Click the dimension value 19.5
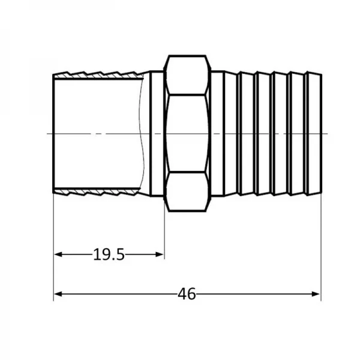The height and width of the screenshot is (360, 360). [x=109, y=255]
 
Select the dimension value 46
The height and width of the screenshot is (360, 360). [x=187, y=294]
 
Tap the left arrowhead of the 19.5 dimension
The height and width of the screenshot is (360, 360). [x=58, y=255]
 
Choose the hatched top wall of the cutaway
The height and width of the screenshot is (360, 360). [x=96, y=74]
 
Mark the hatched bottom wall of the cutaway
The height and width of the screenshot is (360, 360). [x=96, y=193]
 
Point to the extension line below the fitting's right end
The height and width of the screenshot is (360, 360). [x=320, y=252]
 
